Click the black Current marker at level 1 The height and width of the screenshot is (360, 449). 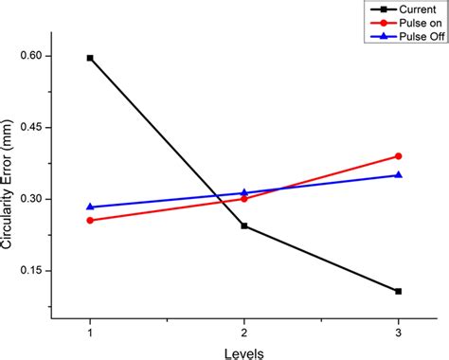(90, 58)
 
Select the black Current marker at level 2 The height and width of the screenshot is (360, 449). (244, 226)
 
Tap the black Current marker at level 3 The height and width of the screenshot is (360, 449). (398, 291)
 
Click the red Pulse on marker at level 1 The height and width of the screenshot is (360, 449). (90, 220)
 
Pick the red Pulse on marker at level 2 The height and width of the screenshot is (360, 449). (244, 198)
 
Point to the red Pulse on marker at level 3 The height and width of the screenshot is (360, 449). (398, 156)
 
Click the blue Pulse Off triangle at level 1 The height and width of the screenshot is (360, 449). (90, 207)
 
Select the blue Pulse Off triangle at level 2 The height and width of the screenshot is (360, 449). (244, 192)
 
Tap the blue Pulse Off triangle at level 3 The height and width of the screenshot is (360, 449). (398, 174)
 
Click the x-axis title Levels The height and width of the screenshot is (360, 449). (243, 351)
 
